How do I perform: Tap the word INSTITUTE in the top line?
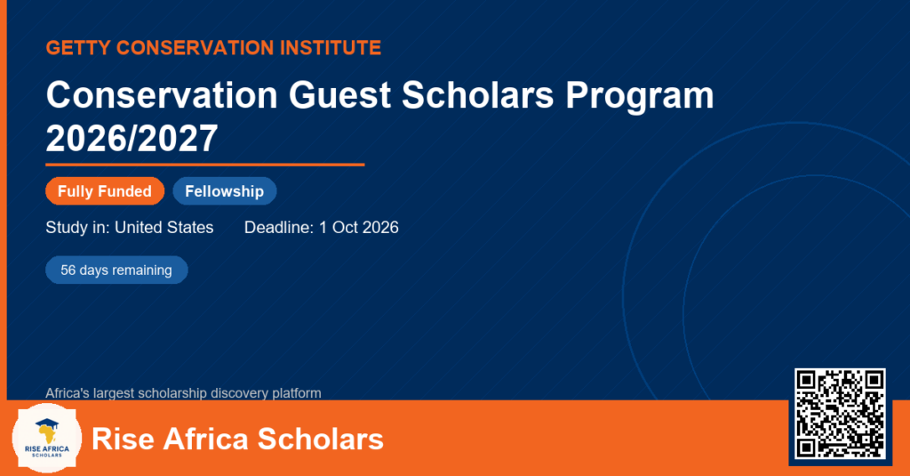tap(331, 48)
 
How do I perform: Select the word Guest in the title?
tap(339, 94)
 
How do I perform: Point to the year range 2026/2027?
tap(132, 138)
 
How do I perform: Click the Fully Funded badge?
tap(105, 191)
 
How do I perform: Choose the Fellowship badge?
tap(225, 191)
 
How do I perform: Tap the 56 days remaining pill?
tap(116, 270)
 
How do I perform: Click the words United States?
tap(164, 227)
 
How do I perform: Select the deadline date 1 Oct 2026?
tap(359, 227)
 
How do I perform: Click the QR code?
tap(840, 413)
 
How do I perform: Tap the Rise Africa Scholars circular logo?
tap(47, 439)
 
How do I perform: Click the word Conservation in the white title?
tap(162, 94)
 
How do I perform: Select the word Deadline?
tap(279, 227)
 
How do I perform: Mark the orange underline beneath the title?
tap(205, 165)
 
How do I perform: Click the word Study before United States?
tap(66, 227)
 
